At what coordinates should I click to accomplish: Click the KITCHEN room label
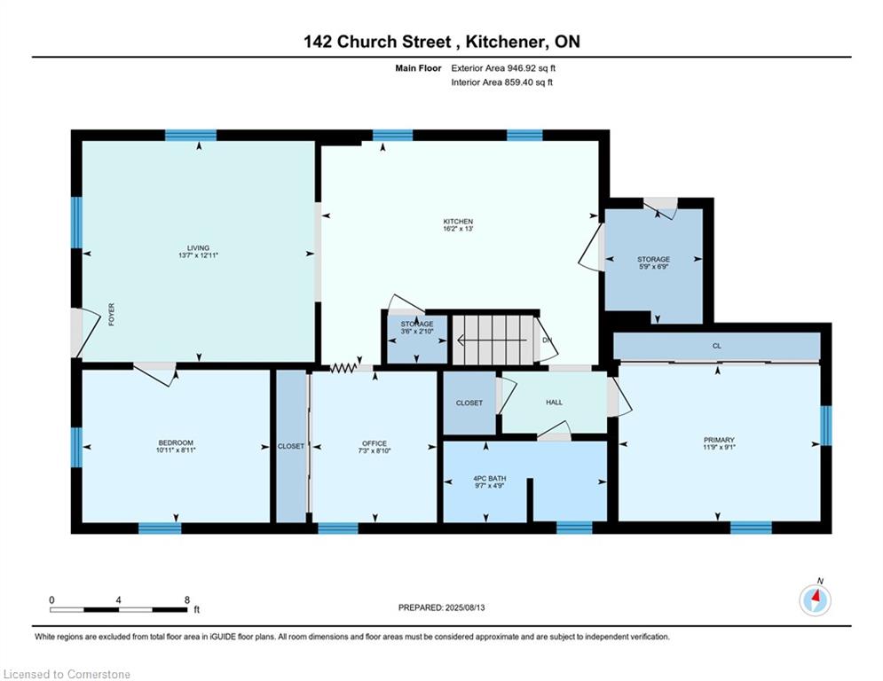458,222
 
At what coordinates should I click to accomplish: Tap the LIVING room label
198,248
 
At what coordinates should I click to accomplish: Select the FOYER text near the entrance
112,315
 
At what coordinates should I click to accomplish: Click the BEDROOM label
176,443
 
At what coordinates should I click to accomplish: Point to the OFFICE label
374,443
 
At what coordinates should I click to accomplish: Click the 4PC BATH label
489,479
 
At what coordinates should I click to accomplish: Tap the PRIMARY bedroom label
719,440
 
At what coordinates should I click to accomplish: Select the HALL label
554,403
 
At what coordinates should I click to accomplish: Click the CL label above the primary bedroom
717,346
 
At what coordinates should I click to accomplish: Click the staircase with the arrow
493,340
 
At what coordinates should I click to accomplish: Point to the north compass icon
816,600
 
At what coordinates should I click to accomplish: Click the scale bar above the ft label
118,609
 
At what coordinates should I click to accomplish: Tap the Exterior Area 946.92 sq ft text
503,68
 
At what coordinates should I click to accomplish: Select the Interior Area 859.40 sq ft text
501,82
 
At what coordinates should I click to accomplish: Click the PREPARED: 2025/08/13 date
442,607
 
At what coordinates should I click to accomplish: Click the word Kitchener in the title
505,42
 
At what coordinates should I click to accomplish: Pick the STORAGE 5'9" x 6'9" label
654,262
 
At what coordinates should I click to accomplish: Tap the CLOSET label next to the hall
469,403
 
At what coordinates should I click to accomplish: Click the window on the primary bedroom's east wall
826,426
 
